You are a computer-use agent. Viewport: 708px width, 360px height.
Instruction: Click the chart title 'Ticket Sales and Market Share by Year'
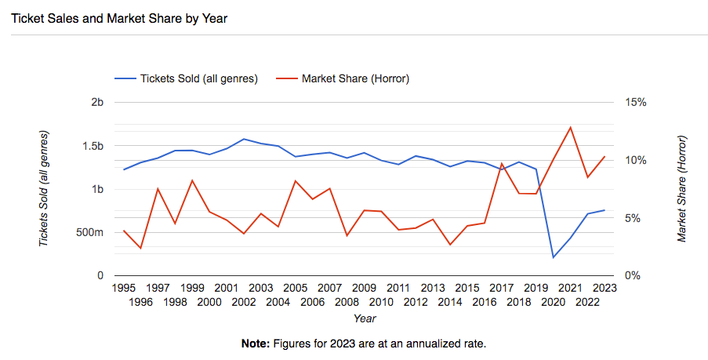pos(118,18)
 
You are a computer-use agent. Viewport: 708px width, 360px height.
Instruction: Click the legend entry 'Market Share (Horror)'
pos(355,78)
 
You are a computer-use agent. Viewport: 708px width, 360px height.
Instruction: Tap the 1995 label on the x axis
pos(124,289)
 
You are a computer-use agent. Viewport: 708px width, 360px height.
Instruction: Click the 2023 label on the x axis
pos(605,289)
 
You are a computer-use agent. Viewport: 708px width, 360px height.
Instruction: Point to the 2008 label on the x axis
pos(347,302)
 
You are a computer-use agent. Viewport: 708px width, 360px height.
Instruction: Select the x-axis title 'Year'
pos(364,318)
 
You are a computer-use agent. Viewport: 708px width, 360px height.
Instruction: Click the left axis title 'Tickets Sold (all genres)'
pos(45,189)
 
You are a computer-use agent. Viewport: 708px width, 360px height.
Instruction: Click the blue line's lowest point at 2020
pos(554,257)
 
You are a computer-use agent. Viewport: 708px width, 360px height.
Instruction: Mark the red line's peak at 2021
pos(571,127)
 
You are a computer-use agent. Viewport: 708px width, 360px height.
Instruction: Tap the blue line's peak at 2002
pos(244,139)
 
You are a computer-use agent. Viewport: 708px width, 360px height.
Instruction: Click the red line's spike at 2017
pos(502,164)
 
